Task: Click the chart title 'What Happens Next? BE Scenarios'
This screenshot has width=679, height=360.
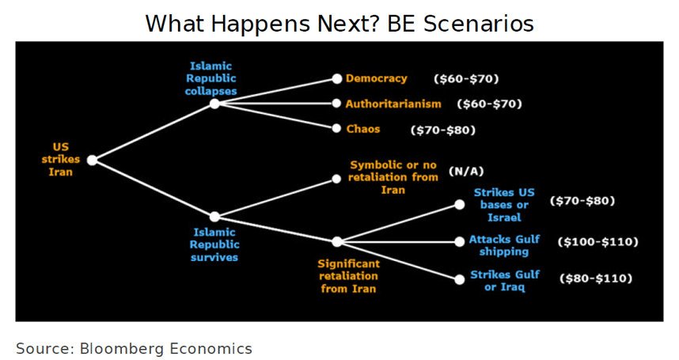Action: (x=339, y=24)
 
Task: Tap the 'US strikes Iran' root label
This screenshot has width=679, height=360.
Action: (x=61, y=159)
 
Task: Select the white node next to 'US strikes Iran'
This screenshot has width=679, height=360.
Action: (x=92, y=160)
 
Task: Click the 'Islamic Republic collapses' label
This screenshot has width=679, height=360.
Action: (x=211, y=78)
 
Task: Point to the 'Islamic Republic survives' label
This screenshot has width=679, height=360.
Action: (x=214, y=244)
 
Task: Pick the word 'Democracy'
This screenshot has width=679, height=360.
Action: (x=377, y=78)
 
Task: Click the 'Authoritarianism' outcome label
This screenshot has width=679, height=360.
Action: (x=393, y=104)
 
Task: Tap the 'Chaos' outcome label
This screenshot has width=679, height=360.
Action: (x=363, y=129)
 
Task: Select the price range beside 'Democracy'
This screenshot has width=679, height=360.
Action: (x=466, y=79)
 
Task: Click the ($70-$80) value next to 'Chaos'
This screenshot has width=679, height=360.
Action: (x=442, y=130)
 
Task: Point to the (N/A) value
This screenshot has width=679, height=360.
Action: (x=466, y=172)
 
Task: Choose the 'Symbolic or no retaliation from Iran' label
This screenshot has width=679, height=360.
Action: (x=393, y=177)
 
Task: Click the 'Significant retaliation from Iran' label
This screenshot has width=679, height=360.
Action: (x=348, y=276)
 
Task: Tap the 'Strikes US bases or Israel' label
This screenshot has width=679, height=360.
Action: (x=504, y=205)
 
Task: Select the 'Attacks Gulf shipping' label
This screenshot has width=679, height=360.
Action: (x=504, y=245)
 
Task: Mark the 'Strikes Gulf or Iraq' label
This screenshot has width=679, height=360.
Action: (x=505, y=281)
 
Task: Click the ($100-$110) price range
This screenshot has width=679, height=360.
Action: (x=597, y=241)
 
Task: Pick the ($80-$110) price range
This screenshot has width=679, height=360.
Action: (x=596, y=278)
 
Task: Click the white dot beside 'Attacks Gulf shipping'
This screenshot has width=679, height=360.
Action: (x=460, y=242)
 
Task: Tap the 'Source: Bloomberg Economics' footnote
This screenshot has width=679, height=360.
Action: (x=135, y=348)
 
